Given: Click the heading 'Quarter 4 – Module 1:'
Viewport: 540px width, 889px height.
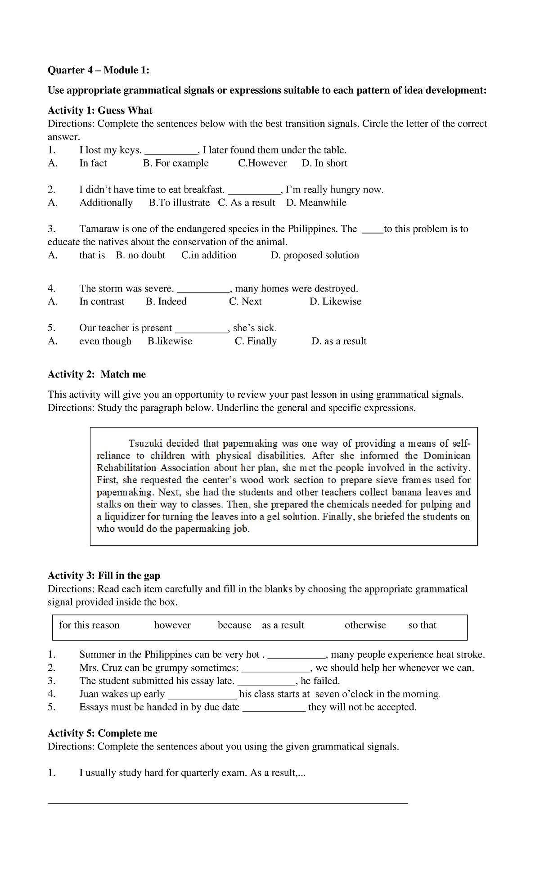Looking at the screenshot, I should pos(98,70).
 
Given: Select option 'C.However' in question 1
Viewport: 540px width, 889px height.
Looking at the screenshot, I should pos(262,163).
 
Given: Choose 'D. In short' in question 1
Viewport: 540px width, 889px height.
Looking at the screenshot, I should pos(324,163).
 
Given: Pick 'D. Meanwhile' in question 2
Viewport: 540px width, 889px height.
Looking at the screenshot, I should pos(316,203).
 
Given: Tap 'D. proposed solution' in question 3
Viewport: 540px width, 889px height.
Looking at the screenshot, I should pos(315,256).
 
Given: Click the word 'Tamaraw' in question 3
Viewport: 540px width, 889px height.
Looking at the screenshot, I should pos(98,229).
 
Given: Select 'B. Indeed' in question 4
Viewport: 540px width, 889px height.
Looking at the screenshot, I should pos(166,301).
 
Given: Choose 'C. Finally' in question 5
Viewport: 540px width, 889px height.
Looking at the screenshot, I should pos(256,341).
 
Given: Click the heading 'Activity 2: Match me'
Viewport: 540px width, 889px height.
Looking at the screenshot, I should pos(97,375).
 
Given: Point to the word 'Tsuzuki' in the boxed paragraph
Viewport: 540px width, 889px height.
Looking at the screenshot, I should pos(146,444).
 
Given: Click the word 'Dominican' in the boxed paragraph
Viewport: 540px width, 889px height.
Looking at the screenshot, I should pos(447,456).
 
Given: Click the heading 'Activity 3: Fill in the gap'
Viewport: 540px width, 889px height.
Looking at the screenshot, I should pos(104,576).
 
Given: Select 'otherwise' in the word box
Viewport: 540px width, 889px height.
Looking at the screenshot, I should pos(365,625).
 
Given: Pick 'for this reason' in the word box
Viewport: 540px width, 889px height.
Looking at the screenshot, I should pos(89,625).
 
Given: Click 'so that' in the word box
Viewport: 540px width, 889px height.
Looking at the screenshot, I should pos(422,625).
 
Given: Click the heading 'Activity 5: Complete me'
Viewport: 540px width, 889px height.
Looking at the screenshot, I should pos(103,733).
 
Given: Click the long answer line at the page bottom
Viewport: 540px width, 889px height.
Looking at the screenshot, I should pos(227,803).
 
